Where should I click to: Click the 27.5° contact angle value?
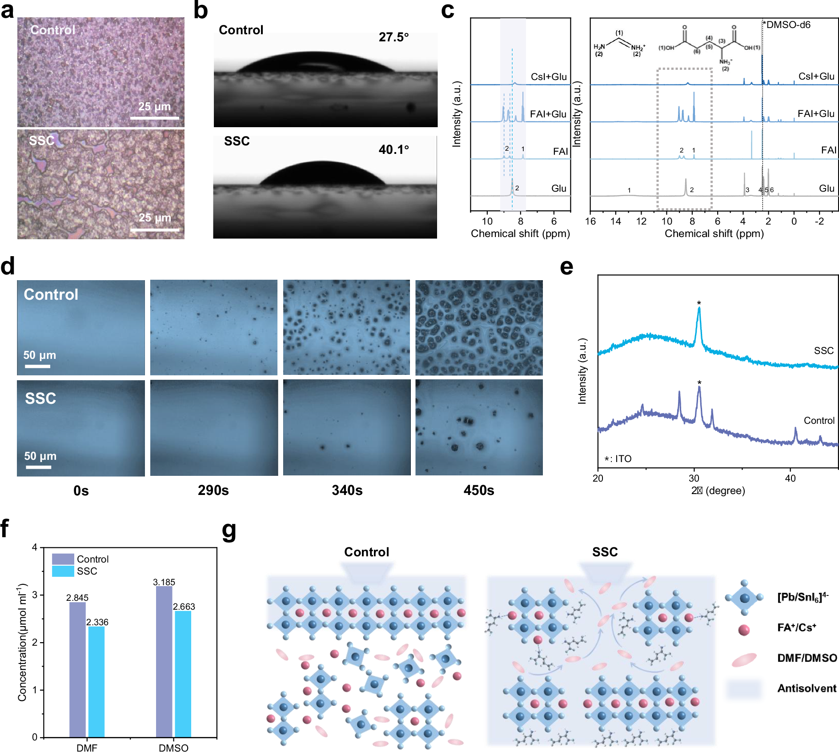click(x=393, y=37)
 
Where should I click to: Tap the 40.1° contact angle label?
click(x=393, y=150)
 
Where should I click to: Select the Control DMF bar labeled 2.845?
click(x=77, y=669)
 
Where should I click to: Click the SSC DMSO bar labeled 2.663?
click(x=183, y=674)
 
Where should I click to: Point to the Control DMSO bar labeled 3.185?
click(x=164, y=662)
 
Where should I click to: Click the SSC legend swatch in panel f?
click(x=63, y=571)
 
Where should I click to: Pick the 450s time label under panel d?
click(x=478, y=491)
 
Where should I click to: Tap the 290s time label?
click(x=213, y=491)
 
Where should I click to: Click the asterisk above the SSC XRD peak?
click(x=699, y=303)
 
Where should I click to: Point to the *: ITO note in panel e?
click(x=618, y=459)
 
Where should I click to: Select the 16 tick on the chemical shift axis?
click(x=590, y=221)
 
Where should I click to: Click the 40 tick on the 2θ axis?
click(x=790, y=479)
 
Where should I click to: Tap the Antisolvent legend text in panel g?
click(x=807, y=688)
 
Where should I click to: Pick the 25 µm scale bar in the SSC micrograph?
click(x=155, y=230)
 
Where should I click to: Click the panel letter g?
click(x=229, y=531)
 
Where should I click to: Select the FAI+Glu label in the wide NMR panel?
click(x=815, y=114)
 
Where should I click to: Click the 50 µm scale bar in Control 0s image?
click(x=37, y=366)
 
